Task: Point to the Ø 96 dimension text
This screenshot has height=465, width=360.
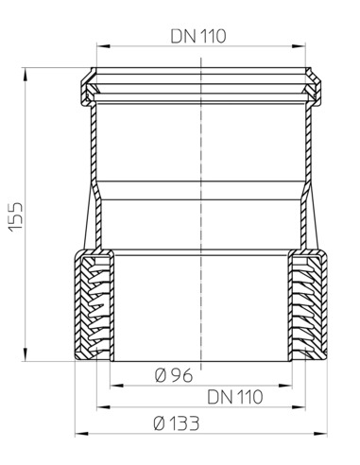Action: [172, 375]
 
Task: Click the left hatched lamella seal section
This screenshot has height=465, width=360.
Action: [94, 308]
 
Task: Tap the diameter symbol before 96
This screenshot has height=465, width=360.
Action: [159, 375]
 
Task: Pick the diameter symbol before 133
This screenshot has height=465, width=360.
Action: [157, 423]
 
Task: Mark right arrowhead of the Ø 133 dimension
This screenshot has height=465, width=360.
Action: [328, 434]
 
